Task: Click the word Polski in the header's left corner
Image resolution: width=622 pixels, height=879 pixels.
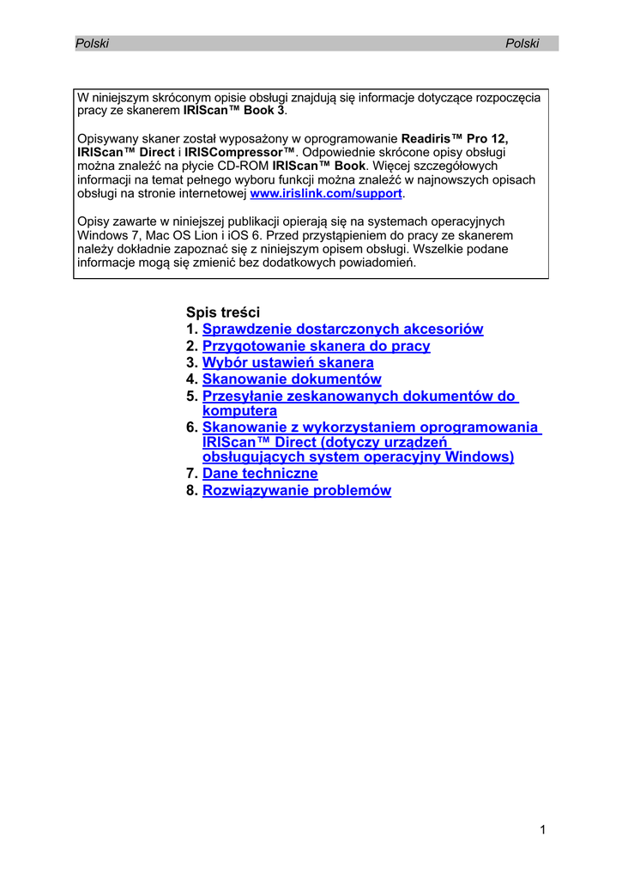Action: [x=93, y=44]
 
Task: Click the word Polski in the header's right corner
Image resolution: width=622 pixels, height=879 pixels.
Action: [x=522, y=44]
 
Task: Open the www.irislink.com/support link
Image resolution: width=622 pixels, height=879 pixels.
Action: [x=325, y=194]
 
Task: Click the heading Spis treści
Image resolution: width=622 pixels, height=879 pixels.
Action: [x=222, y=312]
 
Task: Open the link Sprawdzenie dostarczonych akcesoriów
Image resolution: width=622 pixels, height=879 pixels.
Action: [x=342, y=329]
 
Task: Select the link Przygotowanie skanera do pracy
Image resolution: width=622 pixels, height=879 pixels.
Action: [x=316, y=346]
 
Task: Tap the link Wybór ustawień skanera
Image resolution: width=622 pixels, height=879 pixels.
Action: [x=287, y=363]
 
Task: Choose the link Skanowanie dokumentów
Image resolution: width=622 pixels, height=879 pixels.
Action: [x=292, y=379]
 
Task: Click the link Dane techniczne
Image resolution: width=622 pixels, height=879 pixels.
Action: [x=260, y=474]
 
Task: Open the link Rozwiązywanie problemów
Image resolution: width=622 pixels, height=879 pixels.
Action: [x=296, y=491]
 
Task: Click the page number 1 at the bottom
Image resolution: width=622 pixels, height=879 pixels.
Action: [x=543, y=829]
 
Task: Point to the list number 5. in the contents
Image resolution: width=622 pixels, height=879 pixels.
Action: [x=192, y=397]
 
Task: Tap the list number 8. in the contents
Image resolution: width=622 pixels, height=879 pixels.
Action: [x=192, y=491]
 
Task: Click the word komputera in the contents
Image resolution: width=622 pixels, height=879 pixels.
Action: [x=239, y=411]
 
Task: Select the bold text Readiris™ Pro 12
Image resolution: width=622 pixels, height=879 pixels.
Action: [x=456, y=138]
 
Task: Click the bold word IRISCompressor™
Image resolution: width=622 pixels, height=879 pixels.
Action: [x=239, y=152]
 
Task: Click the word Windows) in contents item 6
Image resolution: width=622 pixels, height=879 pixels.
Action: [x=480, y=457]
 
